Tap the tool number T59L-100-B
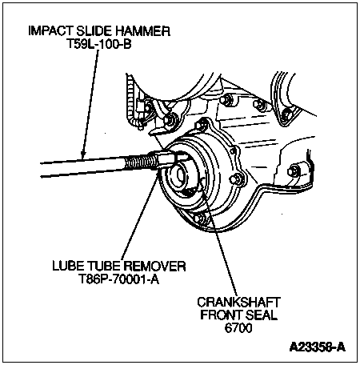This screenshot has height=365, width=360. pos(98,44)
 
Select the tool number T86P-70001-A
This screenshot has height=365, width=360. pos(119,279)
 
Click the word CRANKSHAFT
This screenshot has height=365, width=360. pos(238,303)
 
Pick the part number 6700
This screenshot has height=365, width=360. pos(238,327)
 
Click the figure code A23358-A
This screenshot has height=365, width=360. pos(318,347)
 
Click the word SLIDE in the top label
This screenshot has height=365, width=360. pos(94,31)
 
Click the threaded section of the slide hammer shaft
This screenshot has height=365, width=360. pos(141,162)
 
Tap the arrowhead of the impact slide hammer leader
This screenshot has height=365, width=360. pos(83,154)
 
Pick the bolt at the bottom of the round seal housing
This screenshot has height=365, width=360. pos(200,219)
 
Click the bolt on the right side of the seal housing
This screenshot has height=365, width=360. pos(237,179)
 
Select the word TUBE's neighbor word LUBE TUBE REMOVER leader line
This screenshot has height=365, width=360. pos(139,215)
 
